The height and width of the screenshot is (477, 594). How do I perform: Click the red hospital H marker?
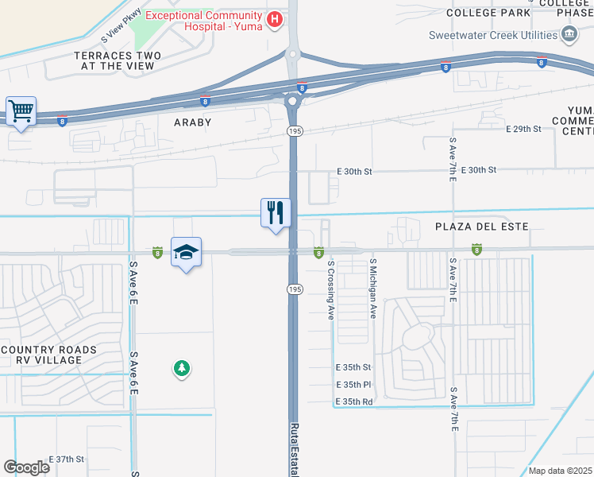tap(275, 20)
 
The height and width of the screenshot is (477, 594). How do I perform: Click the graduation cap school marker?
tap(186, 252)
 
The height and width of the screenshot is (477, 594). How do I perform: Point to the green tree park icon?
tap(182, 368)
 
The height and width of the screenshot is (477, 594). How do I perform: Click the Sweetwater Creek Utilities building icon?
tap(569, 34)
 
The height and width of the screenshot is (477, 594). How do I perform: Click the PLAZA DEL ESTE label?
tap(481, 227)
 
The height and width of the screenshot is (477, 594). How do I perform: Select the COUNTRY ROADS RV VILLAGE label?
tap(49, 355)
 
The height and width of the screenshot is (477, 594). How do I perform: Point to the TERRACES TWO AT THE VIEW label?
tap(118, 60)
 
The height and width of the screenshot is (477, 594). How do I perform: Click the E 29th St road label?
tap(522, 129)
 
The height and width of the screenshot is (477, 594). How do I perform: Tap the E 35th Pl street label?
tap(353, 385)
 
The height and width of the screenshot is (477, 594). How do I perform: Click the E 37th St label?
tap(67, 460)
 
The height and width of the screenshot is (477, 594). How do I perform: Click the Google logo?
tap(26, 467)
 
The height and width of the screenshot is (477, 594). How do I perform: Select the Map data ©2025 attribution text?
tap(561, 471)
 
